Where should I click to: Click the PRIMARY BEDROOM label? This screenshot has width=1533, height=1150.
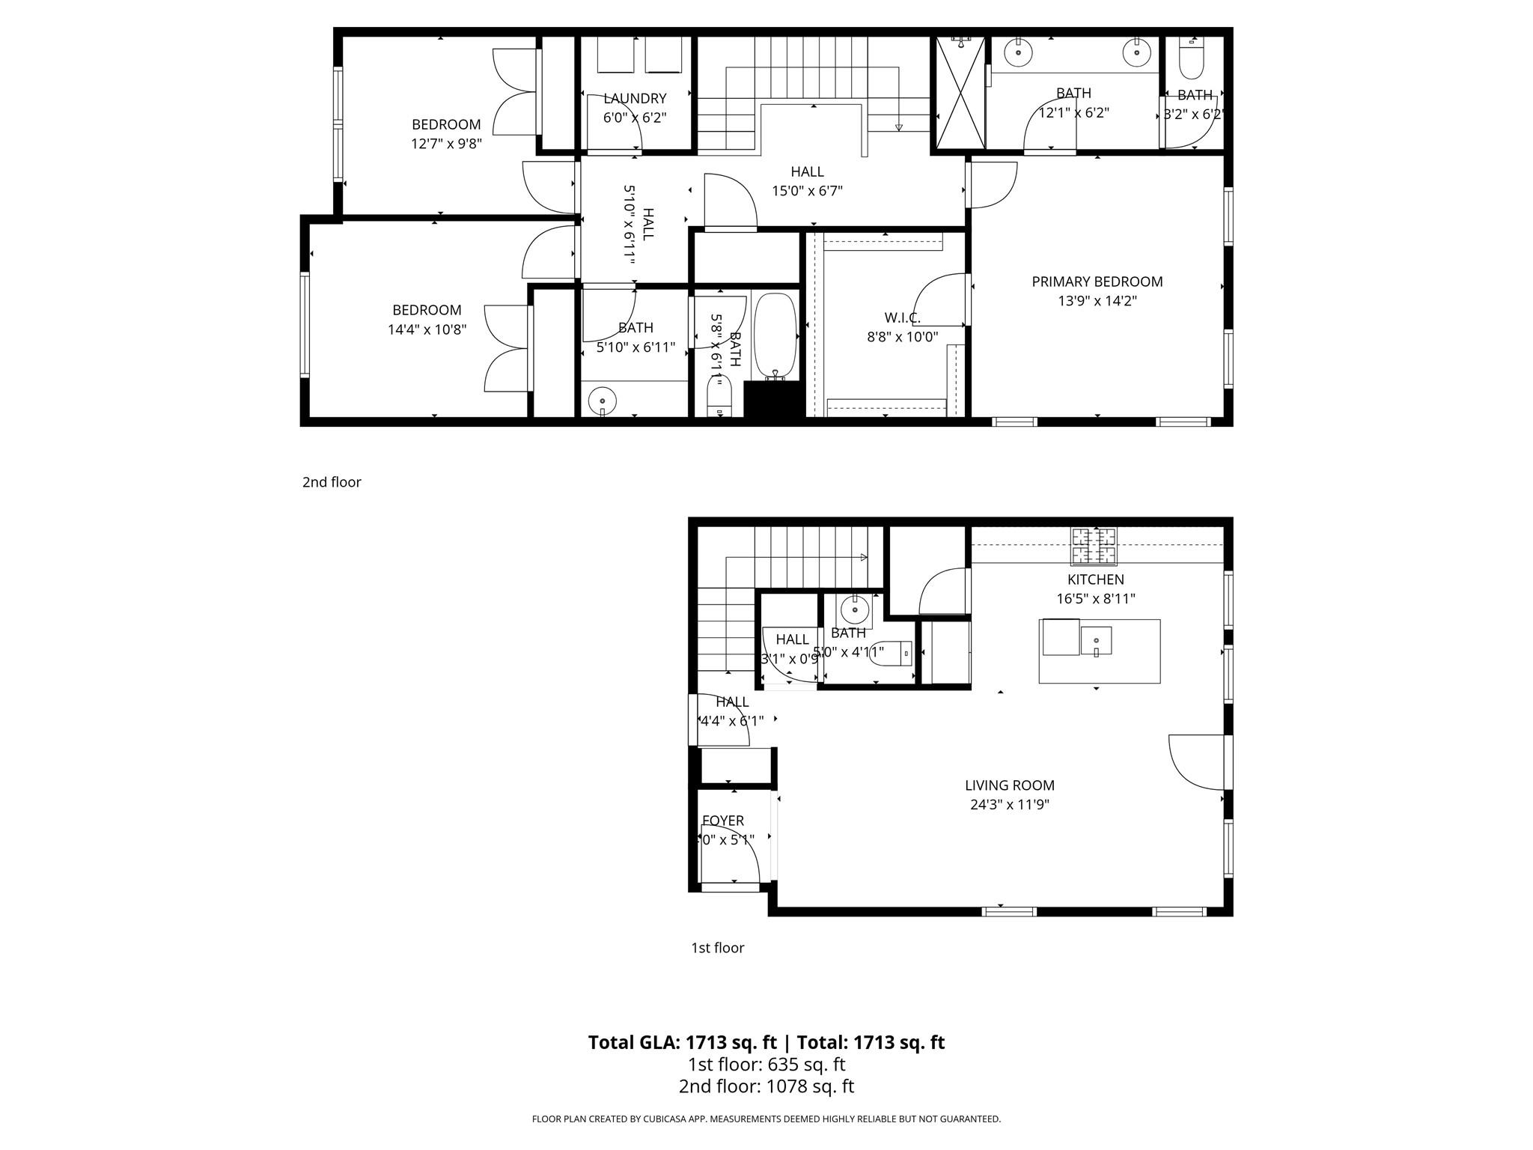[x=1097, y=282]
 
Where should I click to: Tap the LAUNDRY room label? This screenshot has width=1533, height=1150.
[x=635, y=99]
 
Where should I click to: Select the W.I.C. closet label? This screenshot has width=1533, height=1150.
[x=902, y=318]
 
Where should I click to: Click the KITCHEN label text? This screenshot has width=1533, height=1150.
[x=1095, y=579]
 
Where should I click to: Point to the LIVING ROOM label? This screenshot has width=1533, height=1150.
[x=1009, y=785]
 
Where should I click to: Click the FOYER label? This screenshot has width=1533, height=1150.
[x=723, y=821]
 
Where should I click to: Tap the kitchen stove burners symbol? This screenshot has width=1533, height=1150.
[x=1094, y=546]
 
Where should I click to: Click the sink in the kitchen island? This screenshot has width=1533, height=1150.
[x=1096, y=641]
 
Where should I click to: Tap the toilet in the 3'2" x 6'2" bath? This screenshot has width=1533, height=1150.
[x=1191, y=58]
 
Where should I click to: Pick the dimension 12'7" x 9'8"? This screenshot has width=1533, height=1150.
[x=446, y=144]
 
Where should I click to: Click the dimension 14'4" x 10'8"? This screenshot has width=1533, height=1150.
[x=427, y=329]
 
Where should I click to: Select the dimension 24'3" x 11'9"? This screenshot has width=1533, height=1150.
[x=1009, y=805]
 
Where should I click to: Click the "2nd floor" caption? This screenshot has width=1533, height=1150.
[x=332, y=482]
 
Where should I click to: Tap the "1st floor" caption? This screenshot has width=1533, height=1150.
[x=717, y=948]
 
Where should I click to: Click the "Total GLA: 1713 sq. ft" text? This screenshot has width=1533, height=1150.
[x=682, y=1042]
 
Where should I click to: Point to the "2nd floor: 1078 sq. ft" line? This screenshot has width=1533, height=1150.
[x=766, y=1086]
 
